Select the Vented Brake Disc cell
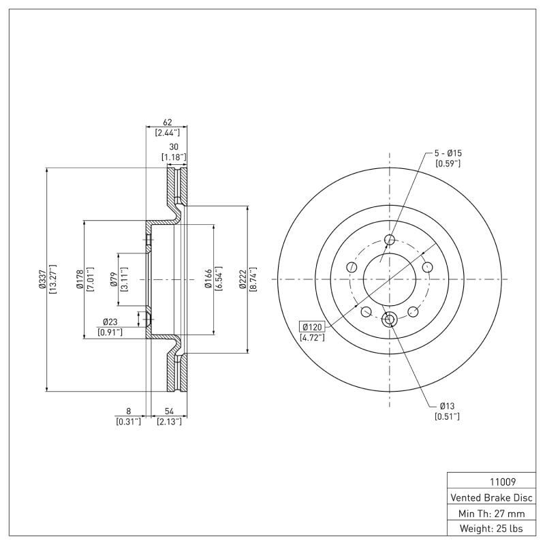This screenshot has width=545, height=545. click(490, 497)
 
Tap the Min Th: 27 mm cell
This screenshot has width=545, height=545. click(490, 513)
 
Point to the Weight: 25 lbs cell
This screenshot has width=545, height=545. click(490, 529)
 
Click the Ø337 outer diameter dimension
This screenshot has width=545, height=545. click(42, 279)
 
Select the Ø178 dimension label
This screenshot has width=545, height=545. click(80, 279)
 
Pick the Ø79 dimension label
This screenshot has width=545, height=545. click(114, 279)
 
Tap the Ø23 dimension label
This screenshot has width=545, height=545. click(111, 322)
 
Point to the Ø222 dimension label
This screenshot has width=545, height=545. click(243, 279)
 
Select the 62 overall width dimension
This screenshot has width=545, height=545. click(167, 123)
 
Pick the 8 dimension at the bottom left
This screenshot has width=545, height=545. click(128, 411)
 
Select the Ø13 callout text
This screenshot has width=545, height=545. click(447, 406)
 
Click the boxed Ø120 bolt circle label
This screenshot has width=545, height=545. click(311, 326)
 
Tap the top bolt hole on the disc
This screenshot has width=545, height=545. click(390, 240)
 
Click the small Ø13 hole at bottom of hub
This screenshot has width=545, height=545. click(390, 319)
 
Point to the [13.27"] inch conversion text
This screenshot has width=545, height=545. click(52, 279)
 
